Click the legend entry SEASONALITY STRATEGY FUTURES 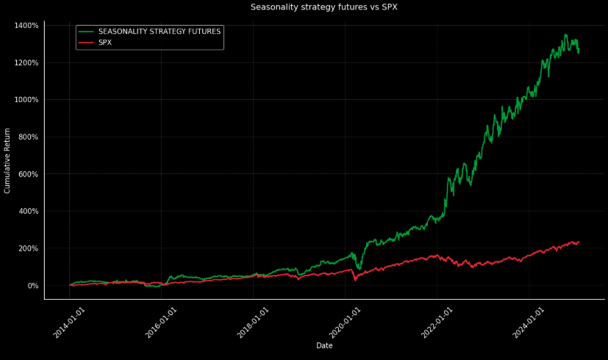point(159,32)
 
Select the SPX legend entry point(105,43)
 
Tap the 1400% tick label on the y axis point(26,26)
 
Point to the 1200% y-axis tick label point(26,62)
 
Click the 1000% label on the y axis point(26,100)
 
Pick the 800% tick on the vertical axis point(27,137)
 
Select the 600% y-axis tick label point(27,174)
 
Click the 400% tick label point(27,212)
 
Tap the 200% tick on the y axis point(27,248)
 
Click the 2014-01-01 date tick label point(70,323)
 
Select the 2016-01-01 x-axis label point(162,323)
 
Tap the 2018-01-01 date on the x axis point(254,323)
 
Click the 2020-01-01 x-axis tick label point(346,323)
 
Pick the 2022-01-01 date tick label point(437,323)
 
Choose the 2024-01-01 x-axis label point(529,323)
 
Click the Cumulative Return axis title point(7,160)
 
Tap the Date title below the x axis point(324,345)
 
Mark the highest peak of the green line point(565,34)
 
